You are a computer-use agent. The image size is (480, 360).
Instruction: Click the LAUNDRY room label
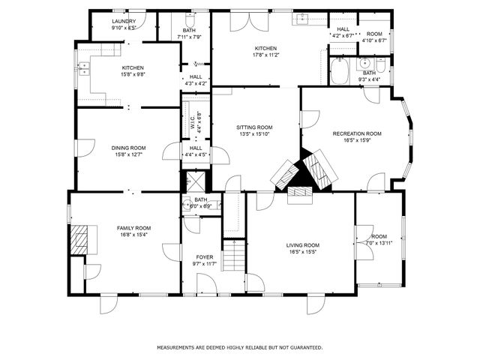coord(124,21)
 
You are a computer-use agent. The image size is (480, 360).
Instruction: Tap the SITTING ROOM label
coord(254,127)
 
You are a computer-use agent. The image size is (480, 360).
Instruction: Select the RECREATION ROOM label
coord(357,133)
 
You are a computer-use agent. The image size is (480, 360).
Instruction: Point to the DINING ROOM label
coord(129,148)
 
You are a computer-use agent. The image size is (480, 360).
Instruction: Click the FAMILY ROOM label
coord(133,228)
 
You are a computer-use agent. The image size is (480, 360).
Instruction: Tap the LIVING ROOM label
coord(303,244)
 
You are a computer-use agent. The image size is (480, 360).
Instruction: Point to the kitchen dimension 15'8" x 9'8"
coord(133,74)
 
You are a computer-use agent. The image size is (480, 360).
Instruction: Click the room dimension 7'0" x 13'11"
coord(379,243)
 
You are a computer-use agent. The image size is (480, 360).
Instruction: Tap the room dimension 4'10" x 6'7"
coord(374,40)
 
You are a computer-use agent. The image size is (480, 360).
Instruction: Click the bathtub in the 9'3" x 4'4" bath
coord(337,72)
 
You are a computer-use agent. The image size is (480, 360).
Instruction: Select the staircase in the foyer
coord(235,259)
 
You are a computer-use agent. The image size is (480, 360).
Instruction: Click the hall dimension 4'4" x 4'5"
coord(196,154)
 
